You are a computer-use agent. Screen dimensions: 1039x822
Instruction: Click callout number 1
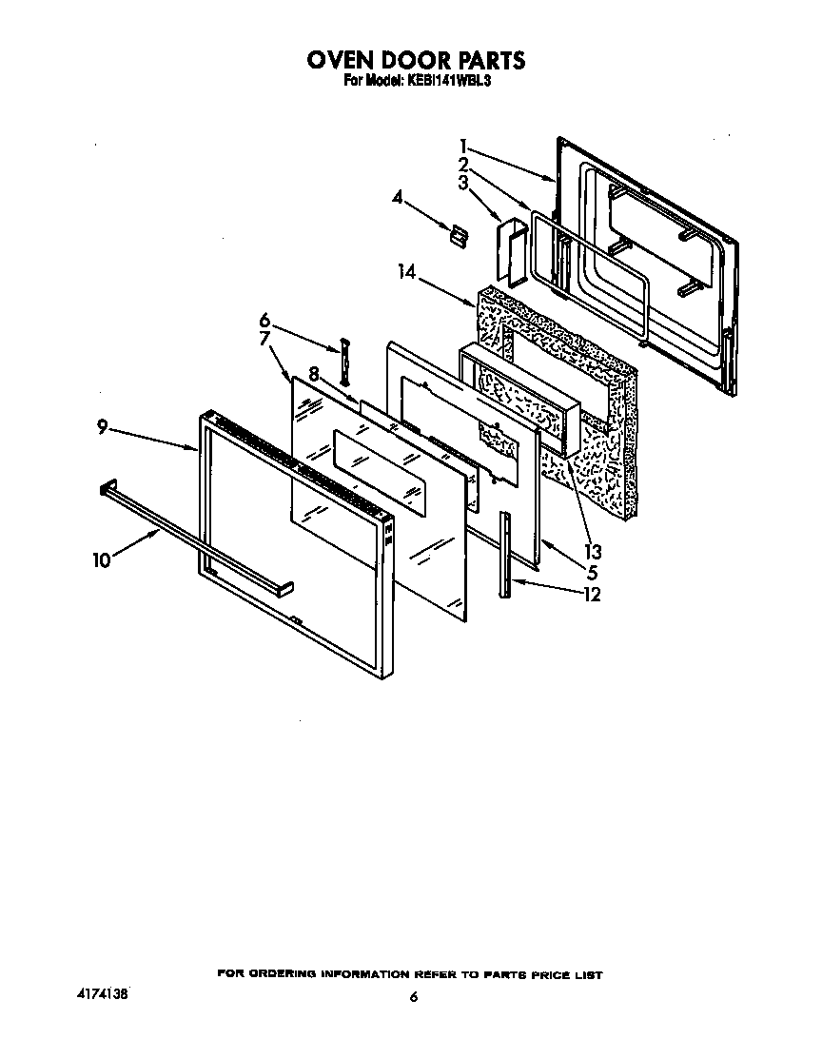click(x=462, y=147)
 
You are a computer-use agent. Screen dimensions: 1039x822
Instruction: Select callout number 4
click(x=398, y=197)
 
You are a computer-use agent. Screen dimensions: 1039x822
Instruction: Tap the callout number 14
click(x=407, y=272)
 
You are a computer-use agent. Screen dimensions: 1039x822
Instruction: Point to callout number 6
click(x=265, y=322)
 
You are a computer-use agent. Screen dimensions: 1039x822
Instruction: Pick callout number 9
click(x=102, y=427)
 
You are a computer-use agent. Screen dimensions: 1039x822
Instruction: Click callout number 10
click(x=102, y=560)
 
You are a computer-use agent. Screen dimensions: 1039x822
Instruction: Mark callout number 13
click(x=594, y=551)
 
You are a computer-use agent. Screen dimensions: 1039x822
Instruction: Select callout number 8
click(x=313, y=373)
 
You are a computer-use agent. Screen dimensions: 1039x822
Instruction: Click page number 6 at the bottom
click(x=413, y=997)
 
